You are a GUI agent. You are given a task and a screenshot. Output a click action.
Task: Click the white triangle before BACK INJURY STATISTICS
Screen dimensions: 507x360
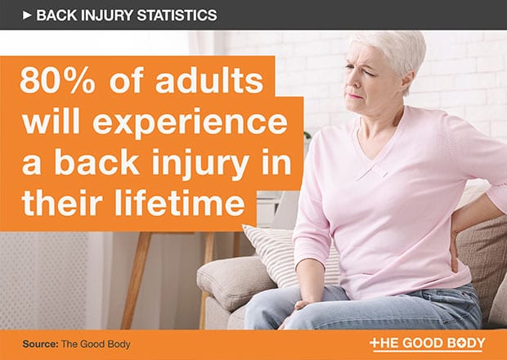click(27, 16)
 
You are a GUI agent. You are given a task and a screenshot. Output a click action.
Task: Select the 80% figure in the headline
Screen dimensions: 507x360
click(57, 81)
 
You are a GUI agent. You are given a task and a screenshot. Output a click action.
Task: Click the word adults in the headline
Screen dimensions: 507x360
click(209, 81)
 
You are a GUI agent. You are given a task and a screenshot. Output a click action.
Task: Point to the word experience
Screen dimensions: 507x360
click(190, 124)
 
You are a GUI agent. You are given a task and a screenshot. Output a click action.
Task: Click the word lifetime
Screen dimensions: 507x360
click(179, 202)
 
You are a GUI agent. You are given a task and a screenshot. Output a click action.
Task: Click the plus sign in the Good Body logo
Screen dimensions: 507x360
click(375, 342)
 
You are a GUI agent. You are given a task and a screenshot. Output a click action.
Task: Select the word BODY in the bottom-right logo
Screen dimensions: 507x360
click(465, 343)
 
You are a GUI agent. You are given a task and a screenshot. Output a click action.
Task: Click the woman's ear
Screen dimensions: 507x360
click(408, 82)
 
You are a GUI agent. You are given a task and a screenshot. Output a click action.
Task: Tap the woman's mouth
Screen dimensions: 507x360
click(355, 96)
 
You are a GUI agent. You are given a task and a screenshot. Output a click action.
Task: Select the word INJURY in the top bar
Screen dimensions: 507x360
click(106, 16)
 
